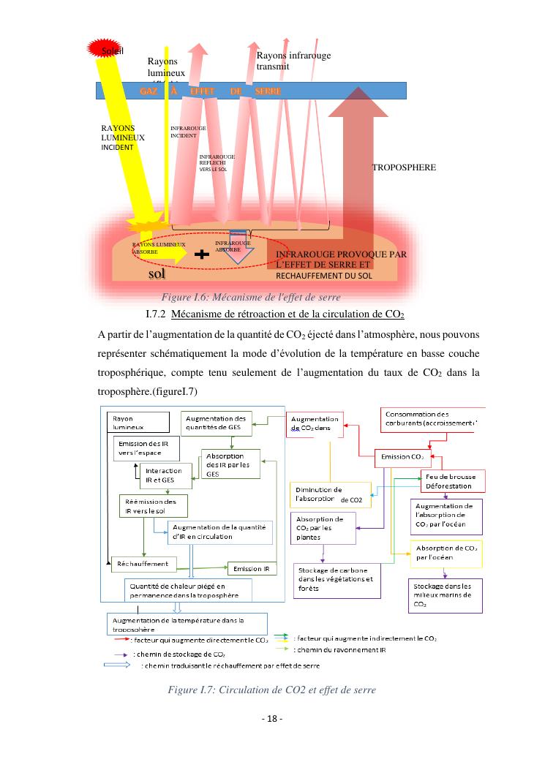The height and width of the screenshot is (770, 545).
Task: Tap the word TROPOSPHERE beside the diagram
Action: (404, 167)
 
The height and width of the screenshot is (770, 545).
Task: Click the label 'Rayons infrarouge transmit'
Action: (284, 61)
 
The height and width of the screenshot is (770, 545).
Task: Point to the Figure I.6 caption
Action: (250, 297)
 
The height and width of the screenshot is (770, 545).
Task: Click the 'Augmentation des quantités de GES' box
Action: (217, 422)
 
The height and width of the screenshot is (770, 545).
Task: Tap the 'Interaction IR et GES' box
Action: (166, 475)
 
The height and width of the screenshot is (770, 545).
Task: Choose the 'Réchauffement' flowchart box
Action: (144, 564)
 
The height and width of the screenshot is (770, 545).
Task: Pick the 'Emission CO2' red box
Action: (402, 457)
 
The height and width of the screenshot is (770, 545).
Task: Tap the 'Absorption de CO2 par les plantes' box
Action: (323, 527)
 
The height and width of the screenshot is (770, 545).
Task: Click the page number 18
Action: (272, 719)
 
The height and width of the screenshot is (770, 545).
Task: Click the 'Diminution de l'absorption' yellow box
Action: (330, 494)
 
